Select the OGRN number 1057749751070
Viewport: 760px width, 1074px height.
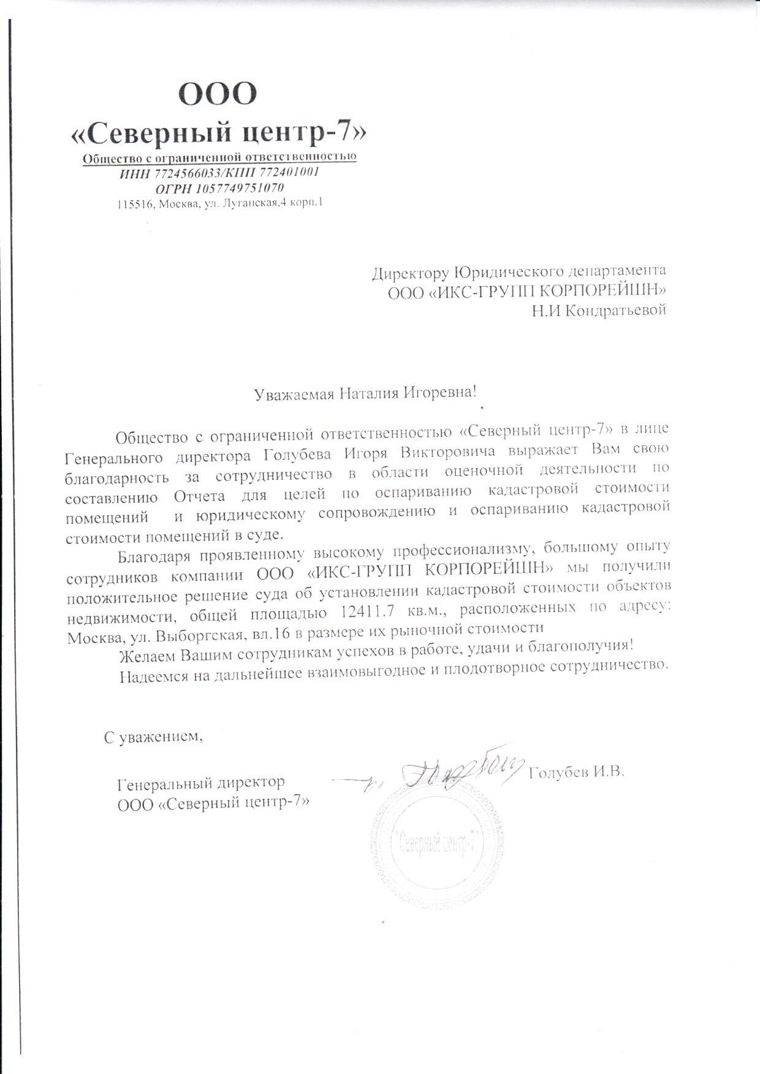[239, 187]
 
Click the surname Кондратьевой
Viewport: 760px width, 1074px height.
[614, 311]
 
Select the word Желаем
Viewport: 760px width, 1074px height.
[145, 656]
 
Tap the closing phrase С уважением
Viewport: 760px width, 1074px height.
[153, 737]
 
